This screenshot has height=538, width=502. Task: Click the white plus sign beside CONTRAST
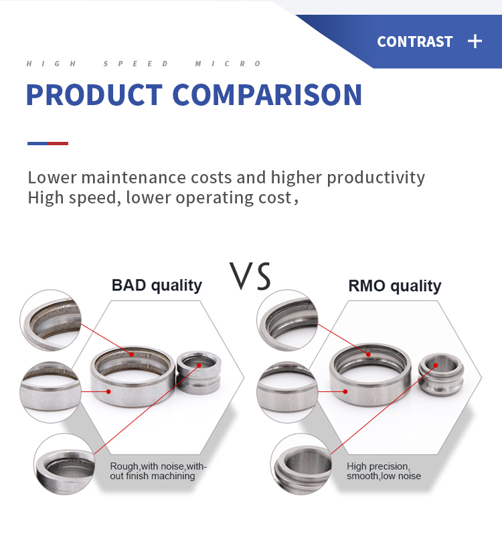click(475, 41)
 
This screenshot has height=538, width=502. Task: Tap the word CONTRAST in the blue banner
click(414, 41)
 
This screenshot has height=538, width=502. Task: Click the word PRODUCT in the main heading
click(94, 95)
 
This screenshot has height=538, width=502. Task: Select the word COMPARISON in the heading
click(267, 95)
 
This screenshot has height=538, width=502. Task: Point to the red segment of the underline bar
click(58, 143)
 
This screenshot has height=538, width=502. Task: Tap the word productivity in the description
click(375, 178)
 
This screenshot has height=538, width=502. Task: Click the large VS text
click(250, 276)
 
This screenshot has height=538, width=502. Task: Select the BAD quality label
click(157, 286)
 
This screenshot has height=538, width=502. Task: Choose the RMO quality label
click(395, 286)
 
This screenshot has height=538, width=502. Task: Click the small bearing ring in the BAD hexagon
click(199, 373)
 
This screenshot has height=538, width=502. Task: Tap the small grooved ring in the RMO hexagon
click(441, 375)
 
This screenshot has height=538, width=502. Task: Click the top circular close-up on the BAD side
click(50, 320)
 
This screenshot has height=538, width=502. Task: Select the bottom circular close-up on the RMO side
click(301, 464)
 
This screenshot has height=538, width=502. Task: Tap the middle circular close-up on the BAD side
click(50, 392)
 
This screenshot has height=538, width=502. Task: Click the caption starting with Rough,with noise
click(158, 471)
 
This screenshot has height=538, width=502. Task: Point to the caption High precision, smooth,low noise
click(384, 471)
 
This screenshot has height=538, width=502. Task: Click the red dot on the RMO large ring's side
click(346, 392)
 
